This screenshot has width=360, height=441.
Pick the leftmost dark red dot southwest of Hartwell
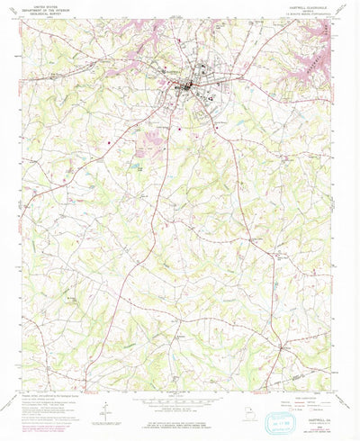click(109, 140)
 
